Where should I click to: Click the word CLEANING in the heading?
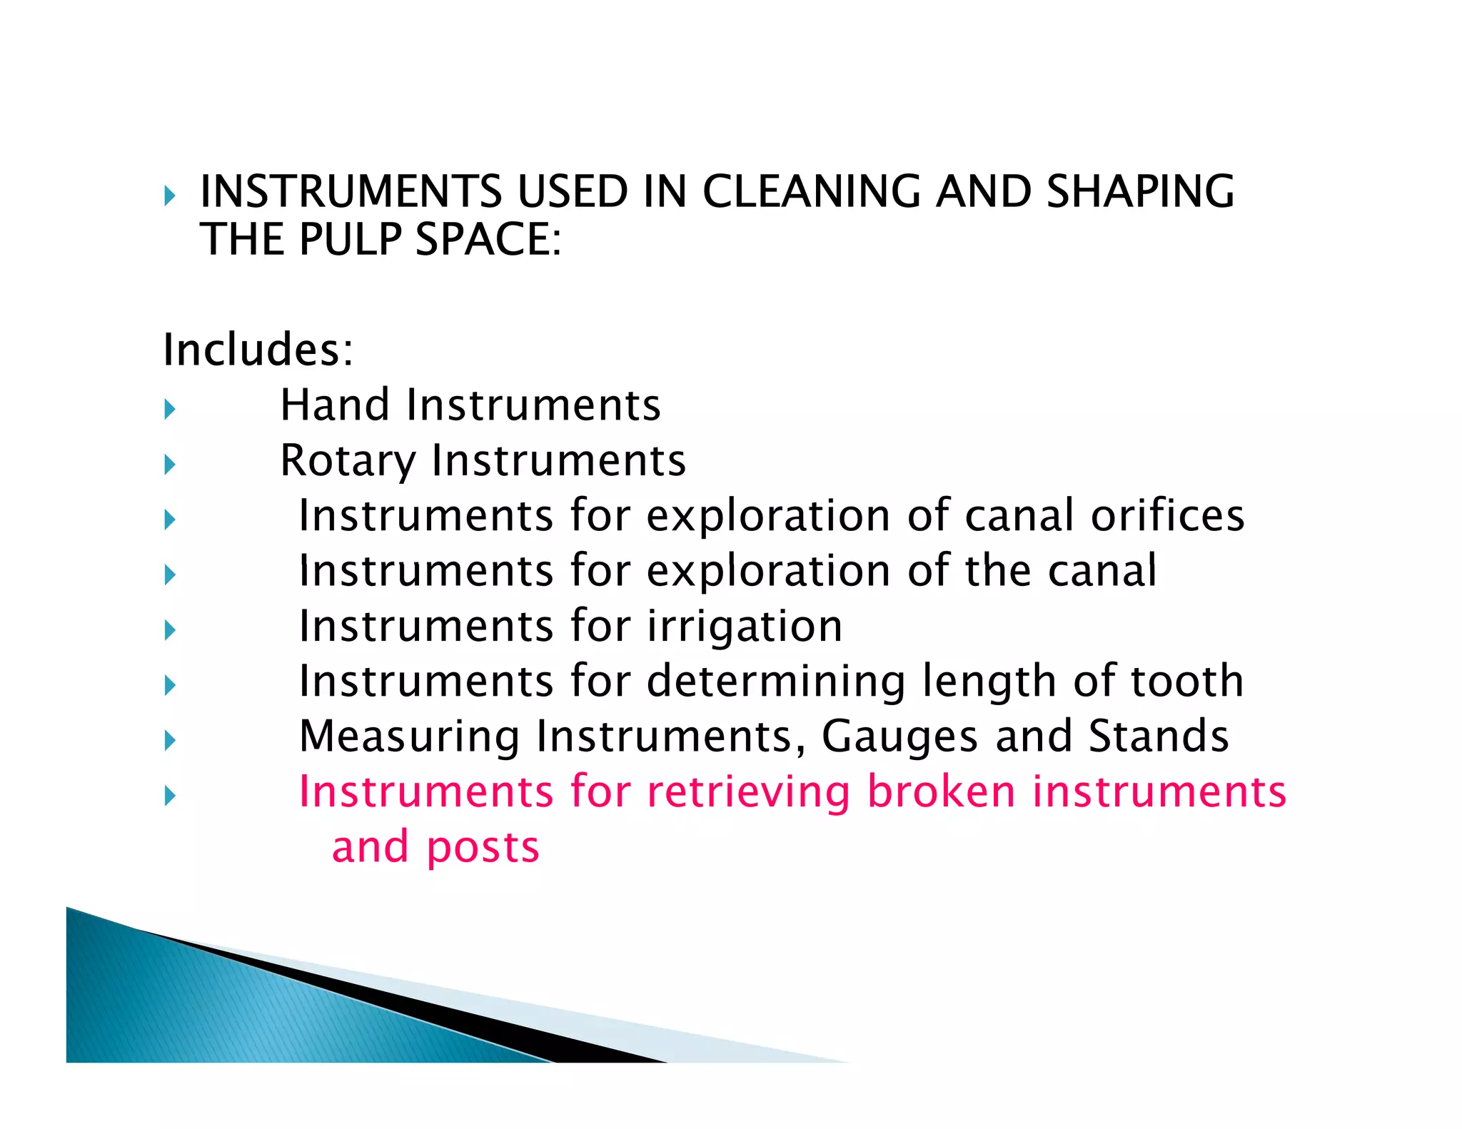click(x=811, y=192)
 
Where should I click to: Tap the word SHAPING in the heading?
click(x=1140, y=192)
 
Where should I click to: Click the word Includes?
click(x=258, y=350)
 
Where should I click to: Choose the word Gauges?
click(x=899, y=736)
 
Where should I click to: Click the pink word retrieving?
click(x=748, y=792)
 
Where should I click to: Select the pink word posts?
click(x=483, y=848)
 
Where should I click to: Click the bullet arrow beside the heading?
click(x=169, y=196)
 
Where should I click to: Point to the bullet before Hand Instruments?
click(x=169, y=409)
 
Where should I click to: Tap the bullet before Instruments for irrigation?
click(x=169, y=630)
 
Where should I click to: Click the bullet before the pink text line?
click(x=169, y=796)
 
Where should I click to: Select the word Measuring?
click(x=409, y=736)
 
